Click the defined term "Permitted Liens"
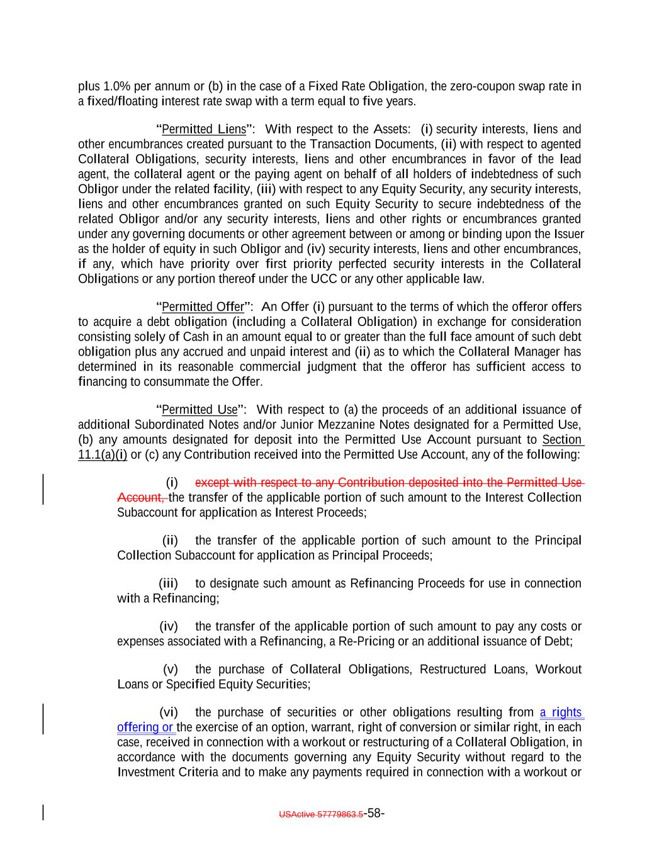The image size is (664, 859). (203, 130)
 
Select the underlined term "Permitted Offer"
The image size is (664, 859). (203, 307)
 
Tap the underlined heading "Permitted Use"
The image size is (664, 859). (200, 410)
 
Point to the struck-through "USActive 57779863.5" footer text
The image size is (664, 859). (321, 814)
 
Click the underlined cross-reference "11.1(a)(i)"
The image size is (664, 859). (103, 455)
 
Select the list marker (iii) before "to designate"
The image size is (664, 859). (169, 583)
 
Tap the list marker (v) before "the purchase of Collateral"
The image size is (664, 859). (170, 669)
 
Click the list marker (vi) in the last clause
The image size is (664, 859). (169, 712)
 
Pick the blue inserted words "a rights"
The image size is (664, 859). (561, 712)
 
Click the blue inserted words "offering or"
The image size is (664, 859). (145, 727)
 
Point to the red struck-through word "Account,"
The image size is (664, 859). (142, 498)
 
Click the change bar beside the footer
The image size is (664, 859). (42, 812)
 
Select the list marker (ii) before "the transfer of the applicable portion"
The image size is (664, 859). (171, 541)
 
